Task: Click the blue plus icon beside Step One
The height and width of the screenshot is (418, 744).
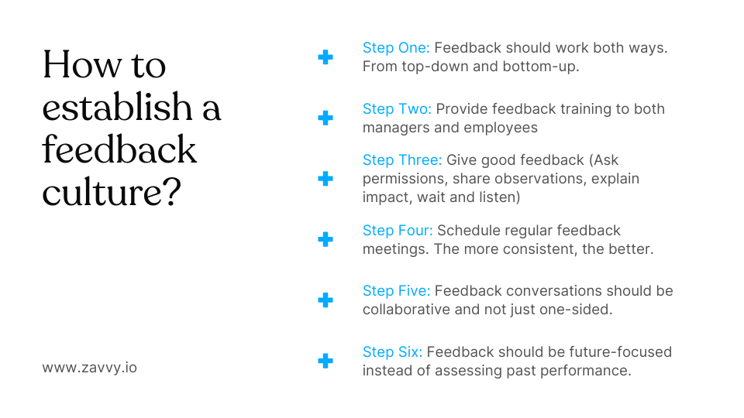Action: [325, 57]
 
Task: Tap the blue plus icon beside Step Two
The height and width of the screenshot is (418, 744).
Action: [325, 118]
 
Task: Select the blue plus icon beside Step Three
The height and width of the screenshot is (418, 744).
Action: [325, 179]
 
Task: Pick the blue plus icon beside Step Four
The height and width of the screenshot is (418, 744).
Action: [325, 239]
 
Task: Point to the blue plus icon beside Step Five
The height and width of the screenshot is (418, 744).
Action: [325, 300]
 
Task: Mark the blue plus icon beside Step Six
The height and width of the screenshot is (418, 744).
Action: [325, 361]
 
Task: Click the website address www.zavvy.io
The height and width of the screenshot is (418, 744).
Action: [89, 367]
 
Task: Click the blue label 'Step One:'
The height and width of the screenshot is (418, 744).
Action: [396, 48]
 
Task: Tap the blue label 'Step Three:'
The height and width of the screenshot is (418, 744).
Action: [402, 160]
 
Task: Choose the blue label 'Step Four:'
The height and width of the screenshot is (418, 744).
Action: [398, 231]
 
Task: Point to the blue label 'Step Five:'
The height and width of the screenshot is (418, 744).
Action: [396, 291]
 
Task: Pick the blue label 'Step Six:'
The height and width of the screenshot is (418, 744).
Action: [392, 352]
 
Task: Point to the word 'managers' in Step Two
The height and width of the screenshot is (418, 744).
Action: [394, 128]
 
